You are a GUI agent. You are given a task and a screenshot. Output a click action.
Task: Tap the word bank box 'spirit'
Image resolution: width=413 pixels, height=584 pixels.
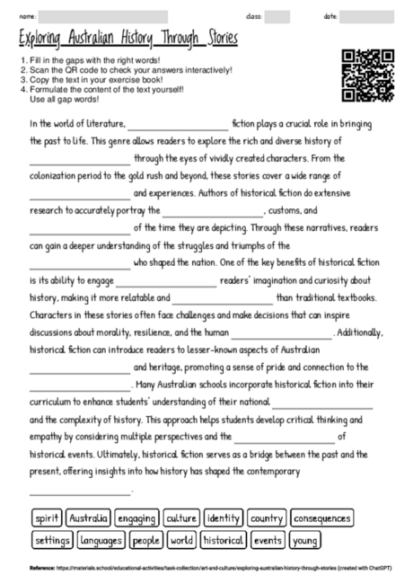[46, 518]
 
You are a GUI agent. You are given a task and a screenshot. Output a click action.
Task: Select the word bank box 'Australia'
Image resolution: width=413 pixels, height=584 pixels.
[87, 518]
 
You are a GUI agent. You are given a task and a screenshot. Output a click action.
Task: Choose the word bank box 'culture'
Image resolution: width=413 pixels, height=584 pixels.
[181, 518]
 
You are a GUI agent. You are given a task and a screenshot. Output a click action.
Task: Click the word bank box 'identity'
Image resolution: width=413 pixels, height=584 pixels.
[223, 518]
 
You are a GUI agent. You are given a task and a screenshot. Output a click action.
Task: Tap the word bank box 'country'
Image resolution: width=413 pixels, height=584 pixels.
[267, 518]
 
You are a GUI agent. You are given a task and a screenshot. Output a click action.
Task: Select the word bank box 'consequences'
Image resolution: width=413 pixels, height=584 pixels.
[321, 518]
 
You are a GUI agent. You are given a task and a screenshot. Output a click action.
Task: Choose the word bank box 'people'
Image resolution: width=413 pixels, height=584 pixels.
[146, 541]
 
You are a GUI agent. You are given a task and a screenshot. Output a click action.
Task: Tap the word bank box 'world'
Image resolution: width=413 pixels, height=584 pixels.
[181, 541]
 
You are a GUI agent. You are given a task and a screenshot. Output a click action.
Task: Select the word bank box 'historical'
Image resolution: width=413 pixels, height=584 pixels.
[224, 541]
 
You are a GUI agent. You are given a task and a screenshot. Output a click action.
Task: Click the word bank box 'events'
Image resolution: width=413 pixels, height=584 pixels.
[268, 541]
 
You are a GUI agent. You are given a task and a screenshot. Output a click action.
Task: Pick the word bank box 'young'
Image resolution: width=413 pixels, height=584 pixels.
[305, 541]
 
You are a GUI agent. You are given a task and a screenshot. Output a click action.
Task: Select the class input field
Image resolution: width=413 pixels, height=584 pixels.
[277, 16]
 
